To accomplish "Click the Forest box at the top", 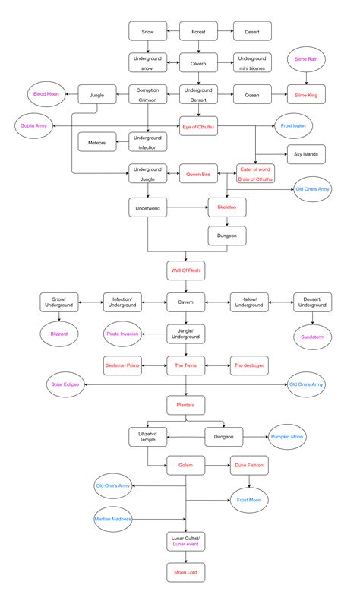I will pos(198,31).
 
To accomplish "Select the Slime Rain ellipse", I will pos(306,58).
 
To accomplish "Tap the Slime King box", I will pos(306,95).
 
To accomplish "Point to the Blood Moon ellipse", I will pos(46,95).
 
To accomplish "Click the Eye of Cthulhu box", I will pos(198,125).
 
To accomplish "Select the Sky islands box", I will pos(306,154).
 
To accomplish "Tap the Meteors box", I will pos(96,142).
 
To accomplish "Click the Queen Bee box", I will pos(198,174).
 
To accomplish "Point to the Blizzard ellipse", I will pos(58,333).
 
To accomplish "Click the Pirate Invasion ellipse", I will pos(122,333).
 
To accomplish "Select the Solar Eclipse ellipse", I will pos(65,384).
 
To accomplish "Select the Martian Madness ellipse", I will pos(113,518).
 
